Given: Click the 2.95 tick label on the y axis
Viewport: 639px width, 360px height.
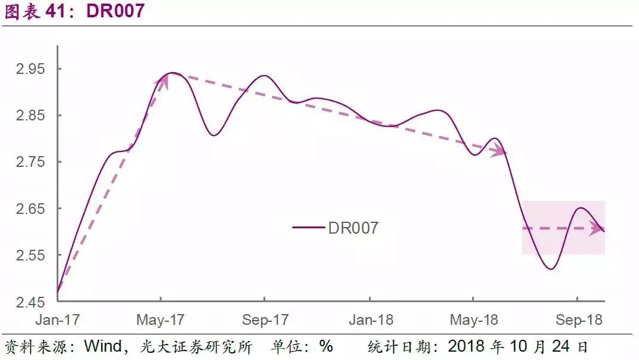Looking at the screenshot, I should (30, 69).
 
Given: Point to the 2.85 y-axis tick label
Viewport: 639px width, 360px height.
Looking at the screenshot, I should (30, 116).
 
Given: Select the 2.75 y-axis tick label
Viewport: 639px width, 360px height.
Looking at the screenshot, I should (30, 162).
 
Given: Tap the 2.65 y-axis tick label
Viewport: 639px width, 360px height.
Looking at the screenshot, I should (30, 209).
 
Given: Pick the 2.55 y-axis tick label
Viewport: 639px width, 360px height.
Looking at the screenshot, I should (30, 255).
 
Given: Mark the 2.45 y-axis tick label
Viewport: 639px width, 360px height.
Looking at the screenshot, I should (30, 302).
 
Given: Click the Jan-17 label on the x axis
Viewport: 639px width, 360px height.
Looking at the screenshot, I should (57, 320).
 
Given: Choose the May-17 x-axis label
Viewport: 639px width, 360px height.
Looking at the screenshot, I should (161, 320).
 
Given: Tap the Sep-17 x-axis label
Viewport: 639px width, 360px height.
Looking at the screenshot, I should (265, 320).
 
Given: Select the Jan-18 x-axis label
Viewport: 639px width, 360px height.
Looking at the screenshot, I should (370, 320).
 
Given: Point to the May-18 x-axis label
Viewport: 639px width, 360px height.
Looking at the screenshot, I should (474, 320).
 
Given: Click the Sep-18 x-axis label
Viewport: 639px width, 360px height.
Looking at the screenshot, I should (579, 320).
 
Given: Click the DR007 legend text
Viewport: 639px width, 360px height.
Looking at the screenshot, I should (353, 228).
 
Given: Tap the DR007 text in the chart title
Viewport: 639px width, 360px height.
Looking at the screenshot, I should (116, 11).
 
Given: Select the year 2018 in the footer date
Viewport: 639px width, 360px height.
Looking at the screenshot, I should (466, 346).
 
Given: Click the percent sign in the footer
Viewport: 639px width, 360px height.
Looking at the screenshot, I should (325, 346).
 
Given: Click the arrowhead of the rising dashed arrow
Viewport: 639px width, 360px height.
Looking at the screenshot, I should (163, 81).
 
